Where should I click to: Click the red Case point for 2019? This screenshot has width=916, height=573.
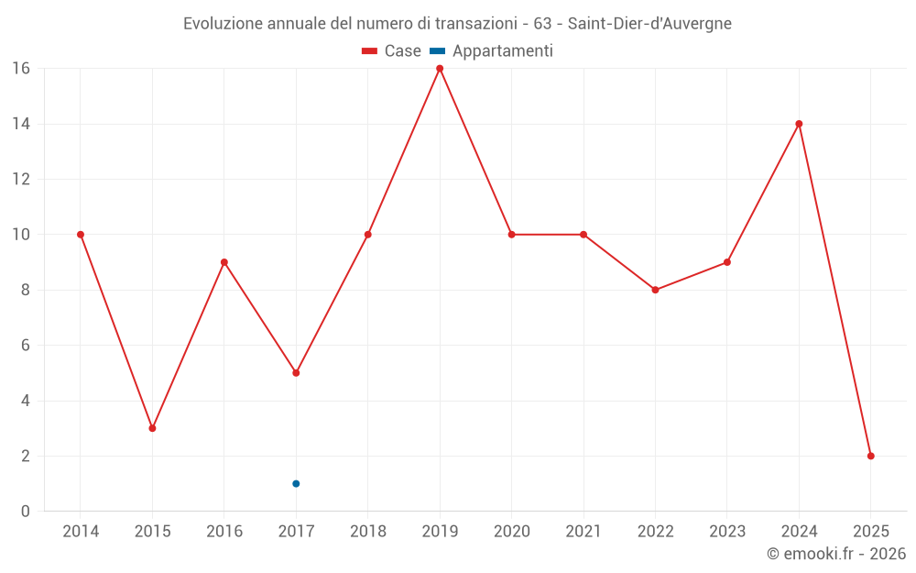[440, 69]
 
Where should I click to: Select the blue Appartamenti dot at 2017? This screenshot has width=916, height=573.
[296, 483]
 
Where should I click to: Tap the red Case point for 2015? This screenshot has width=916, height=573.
[152, 428]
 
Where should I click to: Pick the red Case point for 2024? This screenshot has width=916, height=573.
[799, 124]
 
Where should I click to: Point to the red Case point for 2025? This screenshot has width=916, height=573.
[871, 456]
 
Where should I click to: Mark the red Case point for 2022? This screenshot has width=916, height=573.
[655, 290]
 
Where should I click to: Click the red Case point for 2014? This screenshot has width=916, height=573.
[81, 235]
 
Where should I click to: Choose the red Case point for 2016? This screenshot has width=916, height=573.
[224, 262]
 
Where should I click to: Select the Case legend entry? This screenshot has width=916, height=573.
[392, 51]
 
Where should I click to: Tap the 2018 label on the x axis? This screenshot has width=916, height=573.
[367, 532]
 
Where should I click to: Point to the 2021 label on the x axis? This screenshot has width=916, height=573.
[583, 532]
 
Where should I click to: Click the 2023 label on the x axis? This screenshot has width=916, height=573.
[727, 532]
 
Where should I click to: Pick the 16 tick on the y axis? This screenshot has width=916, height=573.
[20, 69]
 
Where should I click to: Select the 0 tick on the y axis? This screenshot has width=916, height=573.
[26, 512]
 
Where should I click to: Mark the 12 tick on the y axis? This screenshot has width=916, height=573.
[20, 179]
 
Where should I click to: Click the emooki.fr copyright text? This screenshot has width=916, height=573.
[836, 554]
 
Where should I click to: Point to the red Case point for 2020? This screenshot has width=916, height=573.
[511, 235]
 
